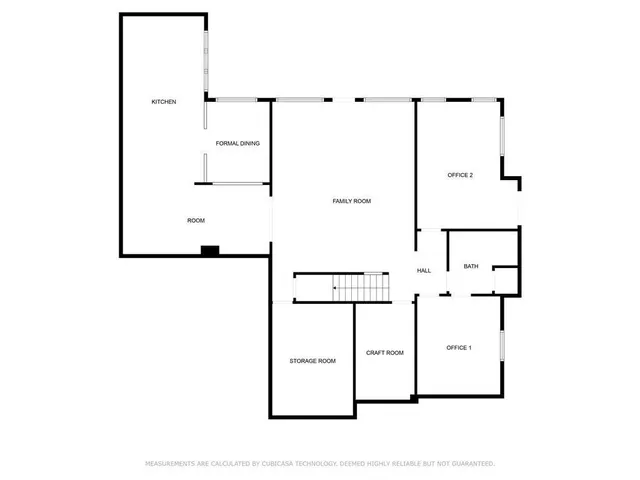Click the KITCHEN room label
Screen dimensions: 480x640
click(164, 102)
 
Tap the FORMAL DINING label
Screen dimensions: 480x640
click(238, 144)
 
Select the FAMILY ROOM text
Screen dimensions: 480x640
click(352, 201)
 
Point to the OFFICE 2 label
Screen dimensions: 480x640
click(459, 175)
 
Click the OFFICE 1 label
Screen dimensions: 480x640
click(458, 348)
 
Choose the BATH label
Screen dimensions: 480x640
click(471, 266)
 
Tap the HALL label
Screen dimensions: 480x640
click(424, 271)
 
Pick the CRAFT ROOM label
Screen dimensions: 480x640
click(385, 353)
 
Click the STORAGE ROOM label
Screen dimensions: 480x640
click(313, 361)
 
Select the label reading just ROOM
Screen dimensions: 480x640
click(196, 220)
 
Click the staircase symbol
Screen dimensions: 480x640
click(360, 287)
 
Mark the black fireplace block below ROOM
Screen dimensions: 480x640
click(210, 250)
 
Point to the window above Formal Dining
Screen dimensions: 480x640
click(236, 99)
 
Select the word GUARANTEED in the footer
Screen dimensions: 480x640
click(470, 464)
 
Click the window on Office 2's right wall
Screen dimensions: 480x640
click(502, 130)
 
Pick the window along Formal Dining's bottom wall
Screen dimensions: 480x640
click(238, 183)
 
